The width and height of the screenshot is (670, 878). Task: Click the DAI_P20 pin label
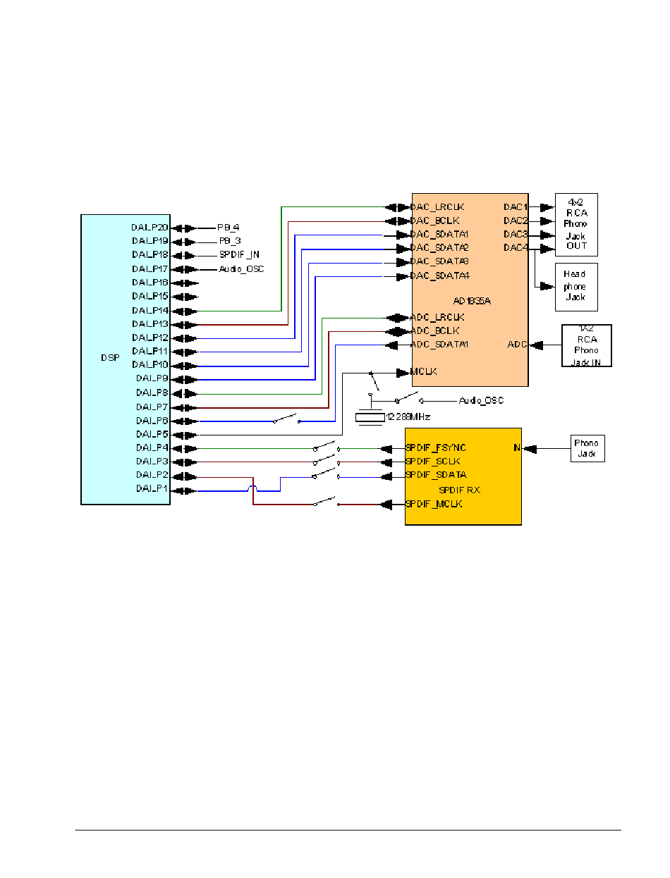click(150, 228)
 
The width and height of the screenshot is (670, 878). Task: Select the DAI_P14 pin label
click(150, 310)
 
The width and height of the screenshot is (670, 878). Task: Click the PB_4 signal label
click(229, 228)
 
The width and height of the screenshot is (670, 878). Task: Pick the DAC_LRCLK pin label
click(437, 207)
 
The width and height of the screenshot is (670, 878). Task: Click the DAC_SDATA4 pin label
click(440, 276)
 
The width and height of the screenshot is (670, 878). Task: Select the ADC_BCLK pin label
click(435, 330)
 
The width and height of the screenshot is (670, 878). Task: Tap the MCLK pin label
click(423, 371)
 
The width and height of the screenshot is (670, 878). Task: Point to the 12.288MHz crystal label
click(408, 417)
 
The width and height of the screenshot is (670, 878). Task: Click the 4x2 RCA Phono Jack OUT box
click(576, 224)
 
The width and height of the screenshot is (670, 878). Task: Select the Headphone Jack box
click(575, 287)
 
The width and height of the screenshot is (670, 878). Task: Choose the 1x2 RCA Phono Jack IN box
click(586, 345)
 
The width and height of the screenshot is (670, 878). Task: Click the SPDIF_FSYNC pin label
click(436, 448)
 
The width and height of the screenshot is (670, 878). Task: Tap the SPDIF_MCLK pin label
click(434, 504)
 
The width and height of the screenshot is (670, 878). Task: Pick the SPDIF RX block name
click(460, 490)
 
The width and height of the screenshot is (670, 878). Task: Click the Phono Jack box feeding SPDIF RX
click(587, 448)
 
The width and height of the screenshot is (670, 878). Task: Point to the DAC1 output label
click(516, 207)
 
